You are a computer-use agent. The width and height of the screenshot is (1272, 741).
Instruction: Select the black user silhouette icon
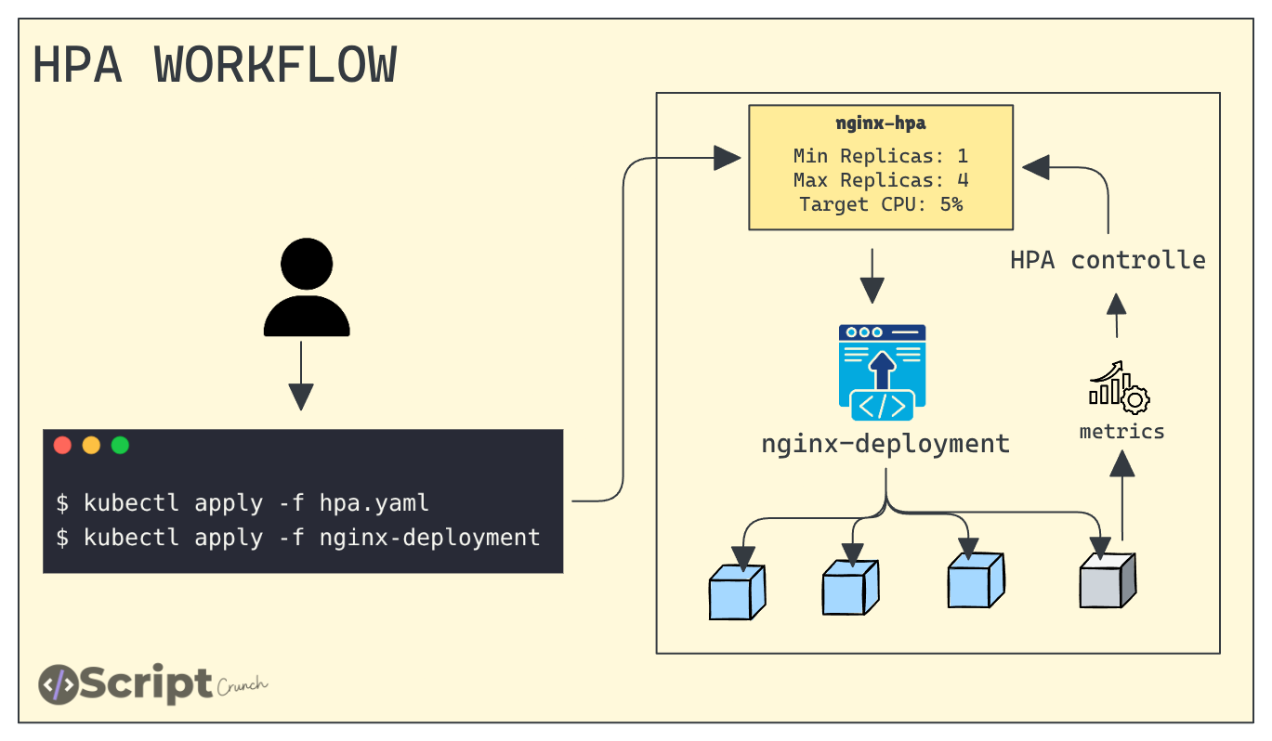(307, 288)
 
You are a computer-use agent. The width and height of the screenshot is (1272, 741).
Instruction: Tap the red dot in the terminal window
(63, 445)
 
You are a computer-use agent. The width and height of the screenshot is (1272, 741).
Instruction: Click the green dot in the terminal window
(120, 445)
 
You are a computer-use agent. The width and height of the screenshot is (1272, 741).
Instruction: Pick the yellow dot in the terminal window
(91, 445)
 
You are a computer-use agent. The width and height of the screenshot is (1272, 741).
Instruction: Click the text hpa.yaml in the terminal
(374, 503)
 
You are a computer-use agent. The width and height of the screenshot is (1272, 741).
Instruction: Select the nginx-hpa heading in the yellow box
(880, 123)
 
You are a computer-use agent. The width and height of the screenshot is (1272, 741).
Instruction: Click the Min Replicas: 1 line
(880, 155)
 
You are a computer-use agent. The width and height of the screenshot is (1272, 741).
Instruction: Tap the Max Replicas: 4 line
(880, 180)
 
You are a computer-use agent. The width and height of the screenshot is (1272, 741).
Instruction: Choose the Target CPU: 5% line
(880, 204)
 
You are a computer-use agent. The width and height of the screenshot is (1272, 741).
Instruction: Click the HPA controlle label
(1108, 260)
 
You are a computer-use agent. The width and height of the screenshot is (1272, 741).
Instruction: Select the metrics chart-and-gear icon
(1119, 387)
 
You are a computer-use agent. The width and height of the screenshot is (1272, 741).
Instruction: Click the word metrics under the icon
(1121, 432)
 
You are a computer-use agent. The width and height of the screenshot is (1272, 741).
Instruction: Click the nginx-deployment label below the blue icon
(885, 444)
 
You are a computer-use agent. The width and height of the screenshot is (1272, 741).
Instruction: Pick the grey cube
(1107, 580)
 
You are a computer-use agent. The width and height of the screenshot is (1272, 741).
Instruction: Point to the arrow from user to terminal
(300, 376)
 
